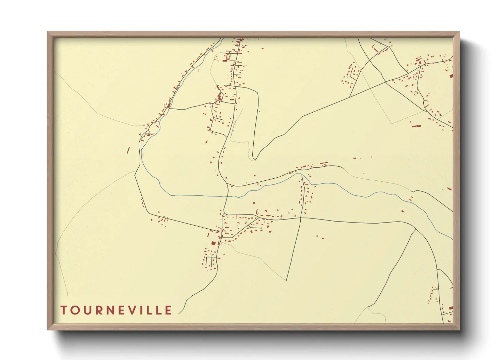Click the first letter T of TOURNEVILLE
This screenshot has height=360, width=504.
click(x=64, y=310)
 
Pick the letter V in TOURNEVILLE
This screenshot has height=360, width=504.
click(x=133, y=310)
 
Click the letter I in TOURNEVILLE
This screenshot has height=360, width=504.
click(x=144, y=310)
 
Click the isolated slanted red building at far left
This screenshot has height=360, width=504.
click(x=128, y=150)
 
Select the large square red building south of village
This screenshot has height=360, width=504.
click(x=214, y=243)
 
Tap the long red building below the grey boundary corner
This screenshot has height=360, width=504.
click(x=416, y=126)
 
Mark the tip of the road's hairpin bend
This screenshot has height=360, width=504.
click(x=253, y=158)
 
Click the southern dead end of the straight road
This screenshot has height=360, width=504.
click(x=287, y=280)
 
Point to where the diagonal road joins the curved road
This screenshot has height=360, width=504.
click(x=416, y=230)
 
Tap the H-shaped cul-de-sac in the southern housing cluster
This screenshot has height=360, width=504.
click(x=211, y=260)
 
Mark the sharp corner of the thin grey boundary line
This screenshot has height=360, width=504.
click(x=392, y=124)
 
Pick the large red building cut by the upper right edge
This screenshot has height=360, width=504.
click(x=451, y=76)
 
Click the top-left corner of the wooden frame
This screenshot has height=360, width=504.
click(x=48, y=32)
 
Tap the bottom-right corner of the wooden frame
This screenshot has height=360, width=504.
click(x=459, y=329)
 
